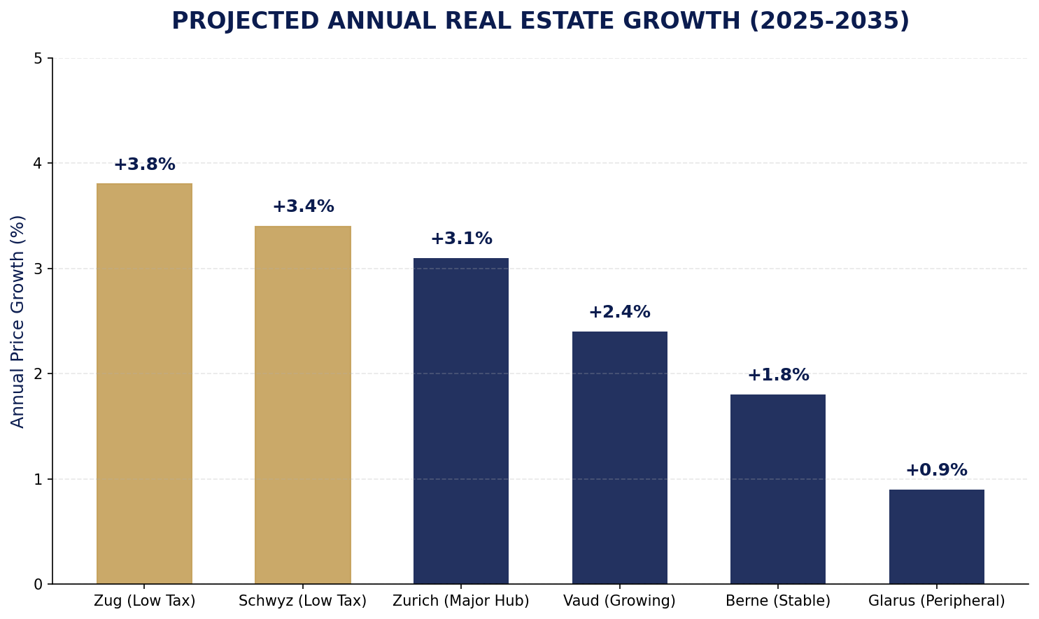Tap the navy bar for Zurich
click(x=460, y=420)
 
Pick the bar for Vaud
click(x=619, y=457)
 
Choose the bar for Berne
click(x=777, y=489)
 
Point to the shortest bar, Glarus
click(x=936, y=536)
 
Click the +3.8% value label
click(x=144, y=165)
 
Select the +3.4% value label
click(x=302, y=207)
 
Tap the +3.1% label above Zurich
click(x=460, y=239)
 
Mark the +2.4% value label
click(x=619, y=313)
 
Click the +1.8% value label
click(x=777, y=376)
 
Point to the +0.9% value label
click(x=936, y=471)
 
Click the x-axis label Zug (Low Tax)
click(x=144, y=601)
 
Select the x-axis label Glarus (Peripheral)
click(x=936, y=601)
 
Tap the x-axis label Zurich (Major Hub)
click(x=460, y=601)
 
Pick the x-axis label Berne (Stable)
click(x=777, y=601)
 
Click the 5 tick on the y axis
click(x=38, y=59)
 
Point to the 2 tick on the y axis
click(x=38, y=374)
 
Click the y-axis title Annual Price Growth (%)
click(x=18, y=321)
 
